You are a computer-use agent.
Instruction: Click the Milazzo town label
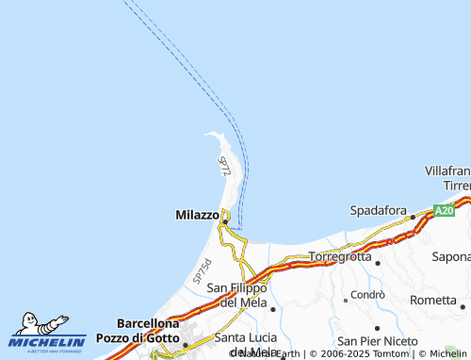tap(197, 215)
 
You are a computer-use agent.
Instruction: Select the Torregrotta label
tap(340, 256)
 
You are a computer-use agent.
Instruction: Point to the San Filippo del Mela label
tap(236, 295)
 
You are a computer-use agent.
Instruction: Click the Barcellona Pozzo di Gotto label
tap(148, 330)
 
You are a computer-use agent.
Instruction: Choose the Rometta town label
tap(433, 300)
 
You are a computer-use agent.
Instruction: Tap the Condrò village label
tap(367, 294)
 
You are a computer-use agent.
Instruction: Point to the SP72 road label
tap(224, 168)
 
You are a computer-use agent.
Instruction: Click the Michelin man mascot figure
tap(38, 325)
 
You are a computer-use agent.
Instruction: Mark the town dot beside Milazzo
tap(224, 222)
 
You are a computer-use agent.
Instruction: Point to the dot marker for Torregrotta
tap(378, 264)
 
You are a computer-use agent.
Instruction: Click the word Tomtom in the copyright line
tap(392, 354)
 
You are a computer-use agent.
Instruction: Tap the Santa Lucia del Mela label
tap(248, 344)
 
